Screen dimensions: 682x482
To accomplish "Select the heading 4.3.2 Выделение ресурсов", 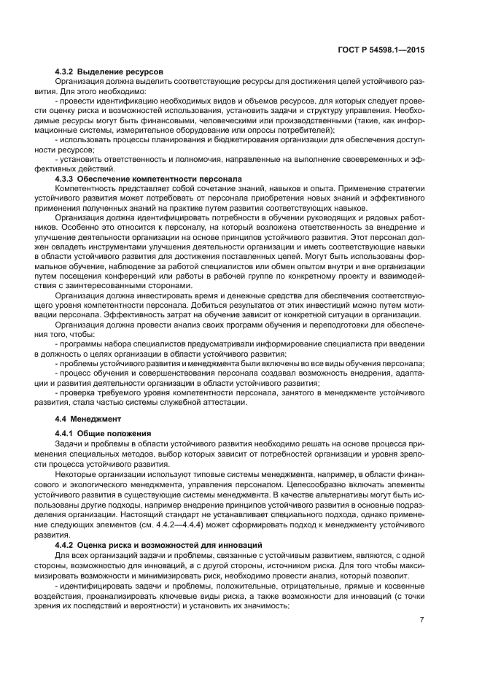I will pyautogui.click(x=109, y=71).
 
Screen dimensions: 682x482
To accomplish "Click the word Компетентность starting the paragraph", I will pyautogui.click(x=88, y=188).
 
